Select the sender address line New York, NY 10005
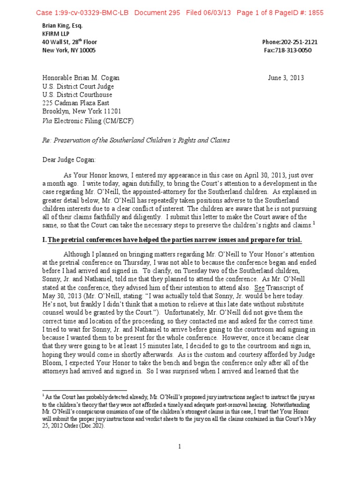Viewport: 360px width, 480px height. [x=68, y=50]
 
